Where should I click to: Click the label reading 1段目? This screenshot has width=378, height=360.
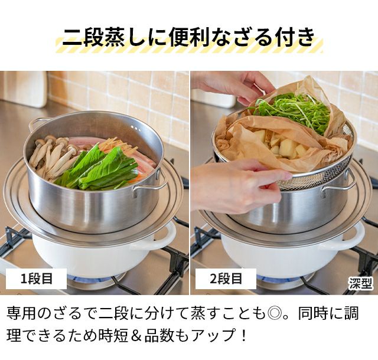[36, 279]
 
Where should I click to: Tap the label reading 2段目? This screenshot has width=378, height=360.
[226, 279]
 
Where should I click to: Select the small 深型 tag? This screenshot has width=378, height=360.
[360, 283]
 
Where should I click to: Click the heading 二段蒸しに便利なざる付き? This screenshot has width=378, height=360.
[189, 37]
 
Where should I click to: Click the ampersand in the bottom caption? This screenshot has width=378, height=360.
[136, 335]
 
